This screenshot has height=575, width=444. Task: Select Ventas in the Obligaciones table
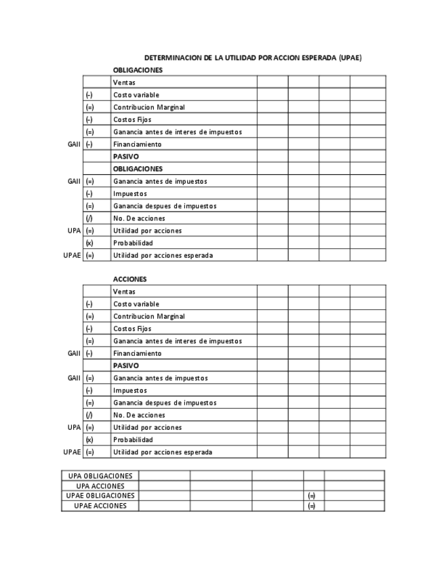pyautogui.click(x=124, y=83)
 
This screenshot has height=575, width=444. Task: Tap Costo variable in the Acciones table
pyautogui.click(x=136, y=304)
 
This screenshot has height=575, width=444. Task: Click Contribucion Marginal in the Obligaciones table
pyautogui.click(x=148, y=107)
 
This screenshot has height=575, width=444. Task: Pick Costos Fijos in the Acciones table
pyautogui.click(x=132, y=329)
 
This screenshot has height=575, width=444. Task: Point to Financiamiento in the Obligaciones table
pyautogui.click(x=137, y=144)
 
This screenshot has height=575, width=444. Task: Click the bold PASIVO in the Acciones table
pyautogui.click(x=125, y=365)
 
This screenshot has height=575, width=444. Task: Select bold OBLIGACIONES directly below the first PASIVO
pyautogui.click(x=138, y=169)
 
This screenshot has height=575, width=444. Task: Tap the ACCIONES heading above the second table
pyautogui.click(x=129, y=279)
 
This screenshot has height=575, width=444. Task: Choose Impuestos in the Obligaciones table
pyautogui.click(x=129, y=194)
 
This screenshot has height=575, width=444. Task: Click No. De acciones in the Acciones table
pyautogui.click(x=139, y=415)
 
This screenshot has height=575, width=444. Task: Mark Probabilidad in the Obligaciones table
pyautogui.click(x=133, y=243)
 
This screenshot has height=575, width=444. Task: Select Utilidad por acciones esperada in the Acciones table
pyautogui.click(x=162, y=452)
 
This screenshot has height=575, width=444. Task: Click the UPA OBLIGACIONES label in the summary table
pyautogui.click(x=100, y=476)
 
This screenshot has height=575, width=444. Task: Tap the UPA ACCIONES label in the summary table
pyautogui.click(x=100, y=486)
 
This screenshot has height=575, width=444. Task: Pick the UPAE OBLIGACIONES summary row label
pyautogui.click(x=100, y=496)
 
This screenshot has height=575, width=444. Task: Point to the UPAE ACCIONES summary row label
pyautogui.click(x=100, y=506)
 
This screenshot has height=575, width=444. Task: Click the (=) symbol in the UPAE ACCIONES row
pyautogui.click(x=312, y=506)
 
